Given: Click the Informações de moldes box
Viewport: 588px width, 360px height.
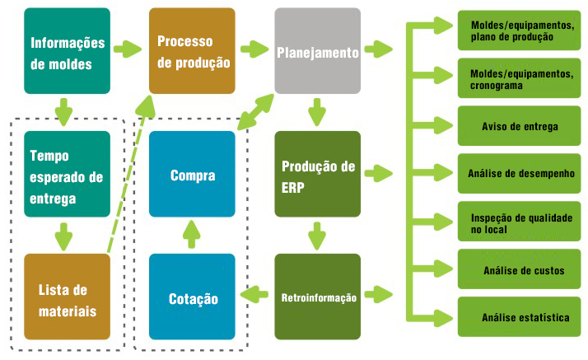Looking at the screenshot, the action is tap(68, 51).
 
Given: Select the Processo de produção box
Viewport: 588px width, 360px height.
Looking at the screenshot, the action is tap(192, 51).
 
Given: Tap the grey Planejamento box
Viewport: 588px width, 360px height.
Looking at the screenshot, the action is tap(318, 51).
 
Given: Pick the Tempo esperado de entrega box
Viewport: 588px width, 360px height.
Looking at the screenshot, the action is tap(68, 174).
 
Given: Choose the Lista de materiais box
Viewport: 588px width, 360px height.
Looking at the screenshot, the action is tap(68, 297).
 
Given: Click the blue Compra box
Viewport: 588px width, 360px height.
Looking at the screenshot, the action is tap(192, 174).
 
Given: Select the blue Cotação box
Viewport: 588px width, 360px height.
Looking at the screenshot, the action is tap(192, 297).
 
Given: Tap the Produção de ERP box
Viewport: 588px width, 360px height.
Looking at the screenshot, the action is tap(318, 174).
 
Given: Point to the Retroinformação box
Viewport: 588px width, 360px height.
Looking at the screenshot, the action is tap(318, 297).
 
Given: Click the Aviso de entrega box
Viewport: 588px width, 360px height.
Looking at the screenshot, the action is tap(520, 126).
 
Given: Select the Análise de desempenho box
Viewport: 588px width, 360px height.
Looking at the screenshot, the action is tap(520, 174).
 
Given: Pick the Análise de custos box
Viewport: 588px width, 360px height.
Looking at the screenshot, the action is tap(520, 269).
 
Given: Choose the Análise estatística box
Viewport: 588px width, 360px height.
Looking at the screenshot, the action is tap(520, 317).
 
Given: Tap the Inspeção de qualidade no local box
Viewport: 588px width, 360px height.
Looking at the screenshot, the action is tap(520, 222).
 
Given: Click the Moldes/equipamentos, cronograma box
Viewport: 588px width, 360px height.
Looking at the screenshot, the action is tap(520, 78).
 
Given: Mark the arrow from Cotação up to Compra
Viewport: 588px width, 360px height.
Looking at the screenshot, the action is tap(192, 235).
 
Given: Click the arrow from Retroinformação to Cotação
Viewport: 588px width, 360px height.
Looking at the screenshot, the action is tap(254, 294).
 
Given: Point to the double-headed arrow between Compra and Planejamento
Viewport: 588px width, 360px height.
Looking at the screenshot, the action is tap(256, 112).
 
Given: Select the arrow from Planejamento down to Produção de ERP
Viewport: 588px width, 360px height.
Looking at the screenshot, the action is tap(317, 112).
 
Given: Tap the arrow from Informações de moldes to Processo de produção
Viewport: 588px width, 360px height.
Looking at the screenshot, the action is tap(128, 49).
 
